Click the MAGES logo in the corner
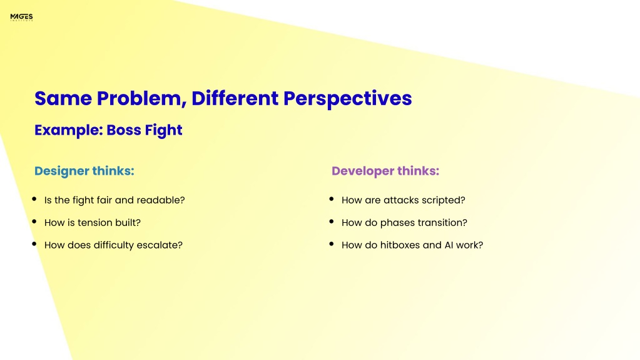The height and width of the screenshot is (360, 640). pos(22,17)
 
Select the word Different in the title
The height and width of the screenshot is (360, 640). pos(235,98)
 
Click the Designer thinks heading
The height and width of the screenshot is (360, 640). pos(84,171)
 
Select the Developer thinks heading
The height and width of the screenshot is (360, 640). pos(385,171)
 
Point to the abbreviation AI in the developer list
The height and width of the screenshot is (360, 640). pos(448,245)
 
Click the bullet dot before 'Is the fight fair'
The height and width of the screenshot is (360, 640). pos(34,199)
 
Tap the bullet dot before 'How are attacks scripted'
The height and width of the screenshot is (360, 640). pos(332,199)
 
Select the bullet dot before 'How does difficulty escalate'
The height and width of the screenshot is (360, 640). pos(34,244)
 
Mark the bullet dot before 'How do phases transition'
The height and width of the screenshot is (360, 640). pos(332,222)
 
